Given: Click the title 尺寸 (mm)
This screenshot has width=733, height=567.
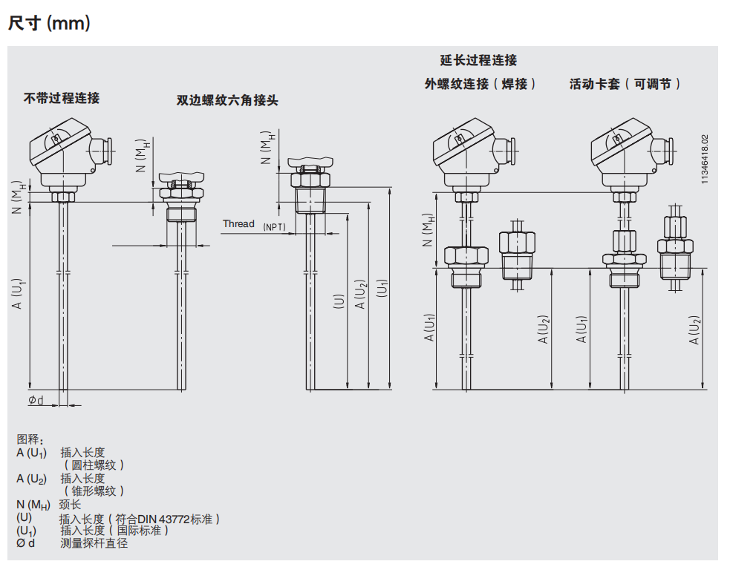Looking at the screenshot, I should point(49,24).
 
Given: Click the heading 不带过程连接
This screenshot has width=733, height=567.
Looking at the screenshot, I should point(62,98).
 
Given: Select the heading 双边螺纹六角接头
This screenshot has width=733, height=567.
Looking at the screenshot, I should point(227,100).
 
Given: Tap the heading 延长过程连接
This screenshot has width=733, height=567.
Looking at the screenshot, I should point(478,61).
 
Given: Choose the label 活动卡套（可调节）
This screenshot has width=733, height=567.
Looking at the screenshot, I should point(625,85).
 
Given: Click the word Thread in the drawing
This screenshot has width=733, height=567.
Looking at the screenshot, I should point(238,224).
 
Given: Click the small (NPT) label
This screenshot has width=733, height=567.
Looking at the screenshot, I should point(274,226).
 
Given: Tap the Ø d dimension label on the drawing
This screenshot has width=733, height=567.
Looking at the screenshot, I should point(36,401).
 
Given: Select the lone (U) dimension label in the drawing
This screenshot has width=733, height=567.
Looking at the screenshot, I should point(339,301).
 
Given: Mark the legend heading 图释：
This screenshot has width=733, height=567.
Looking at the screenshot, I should point(30,440).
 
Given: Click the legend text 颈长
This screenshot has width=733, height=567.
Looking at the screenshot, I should point(70,505).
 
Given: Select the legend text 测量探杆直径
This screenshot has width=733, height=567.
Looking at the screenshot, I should point(94,543).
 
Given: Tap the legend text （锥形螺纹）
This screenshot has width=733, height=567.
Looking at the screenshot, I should point(94,491).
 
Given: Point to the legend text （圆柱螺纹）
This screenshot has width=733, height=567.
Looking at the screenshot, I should point(94,465).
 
